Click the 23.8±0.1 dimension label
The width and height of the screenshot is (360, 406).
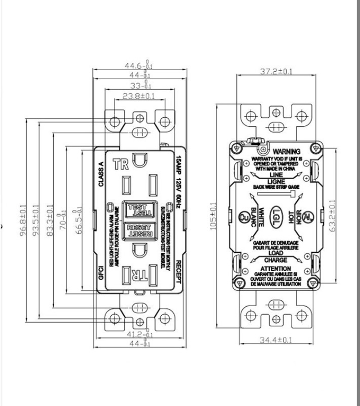click(x=138, y=96)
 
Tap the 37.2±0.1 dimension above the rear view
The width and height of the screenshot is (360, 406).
click(x=276, y=72)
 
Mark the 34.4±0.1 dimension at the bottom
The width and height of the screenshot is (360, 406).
click(x=276, y=340)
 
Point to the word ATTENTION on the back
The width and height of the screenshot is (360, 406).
click(x=276, y=268)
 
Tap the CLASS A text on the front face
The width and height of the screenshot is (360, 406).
click(x=101, y=174)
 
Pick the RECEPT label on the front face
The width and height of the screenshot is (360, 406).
click(x=178, y=271)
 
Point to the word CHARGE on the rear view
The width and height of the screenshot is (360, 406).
click(x=276, y=259)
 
